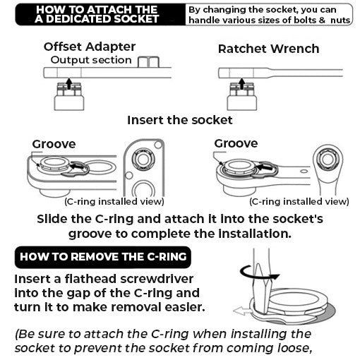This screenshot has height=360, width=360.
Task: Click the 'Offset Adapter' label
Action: pyautogui.click(x=89, y=47)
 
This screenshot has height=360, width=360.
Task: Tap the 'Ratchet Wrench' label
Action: pyautogui.click(x=268, y=49)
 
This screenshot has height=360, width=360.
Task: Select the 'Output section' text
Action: pyautogui.click(x=91, y=60)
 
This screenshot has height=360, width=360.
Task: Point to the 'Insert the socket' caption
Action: pyautogui.click(x=179, y=120)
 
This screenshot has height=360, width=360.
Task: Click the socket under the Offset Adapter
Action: pyautogui.click(x=68, y=96)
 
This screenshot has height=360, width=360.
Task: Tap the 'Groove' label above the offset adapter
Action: pyautogui.click(x=54, y=144)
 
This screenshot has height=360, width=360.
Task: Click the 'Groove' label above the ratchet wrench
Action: pyautogui.click(x=236, y=143)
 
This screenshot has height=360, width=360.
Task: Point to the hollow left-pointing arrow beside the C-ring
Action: pyautogui.click(x=242, y=310)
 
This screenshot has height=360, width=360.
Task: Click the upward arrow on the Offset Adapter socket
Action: pyautogui.click(x=68, y=83)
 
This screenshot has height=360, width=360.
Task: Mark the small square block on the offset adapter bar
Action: pyautogui.click(x=148, y=62)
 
